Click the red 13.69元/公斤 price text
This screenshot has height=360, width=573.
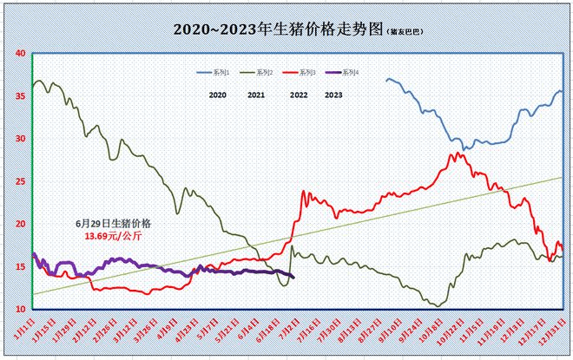tap(112, 235)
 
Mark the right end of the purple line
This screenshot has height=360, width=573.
tap(293, 278)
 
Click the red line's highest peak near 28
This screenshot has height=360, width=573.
tap(455, 154)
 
